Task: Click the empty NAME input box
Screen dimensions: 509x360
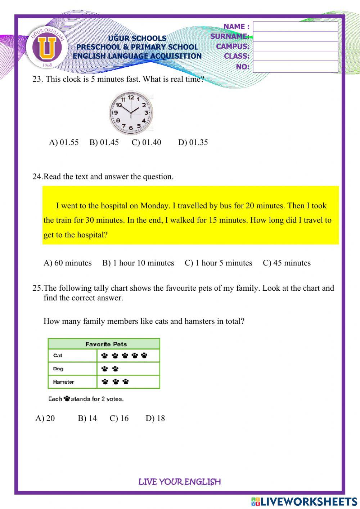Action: click(x=295, y=27)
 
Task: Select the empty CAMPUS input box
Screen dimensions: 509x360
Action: click(x=295, y=46)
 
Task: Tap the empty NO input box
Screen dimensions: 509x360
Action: click(x=295, y=67)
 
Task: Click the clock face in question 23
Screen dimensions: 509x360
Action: click(x=131, y=112)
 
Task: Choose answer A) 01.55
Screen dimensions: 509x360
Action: click(x=64, y=142)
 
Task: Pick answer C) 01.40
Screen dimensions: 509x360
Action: click(x=146, y=142)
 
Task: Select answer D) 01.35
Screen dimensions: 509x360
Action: click(x=193, y=142)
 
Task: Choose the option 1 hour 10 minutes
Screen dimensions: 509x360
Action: click(x=138, y=263)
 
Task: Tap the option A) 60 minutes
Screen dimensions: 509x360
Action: click(x=68, y=263)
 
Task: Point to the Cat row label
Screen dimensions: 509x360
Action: click(x=58, y=356)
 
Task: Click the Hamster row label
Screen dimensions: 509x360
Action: click(x=63, y=382)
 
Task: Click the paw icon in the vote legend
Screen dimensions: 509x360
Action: click(x=67, y=399)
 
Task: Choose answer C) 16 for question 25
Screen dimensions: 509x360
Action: click(x=119, y=418)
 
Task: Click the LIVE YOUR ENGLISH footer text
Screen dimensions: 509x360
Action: click(x=179, y=482)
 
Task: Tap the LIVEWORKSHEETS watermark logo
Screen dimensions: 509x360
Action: click(x=304, y=501)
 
